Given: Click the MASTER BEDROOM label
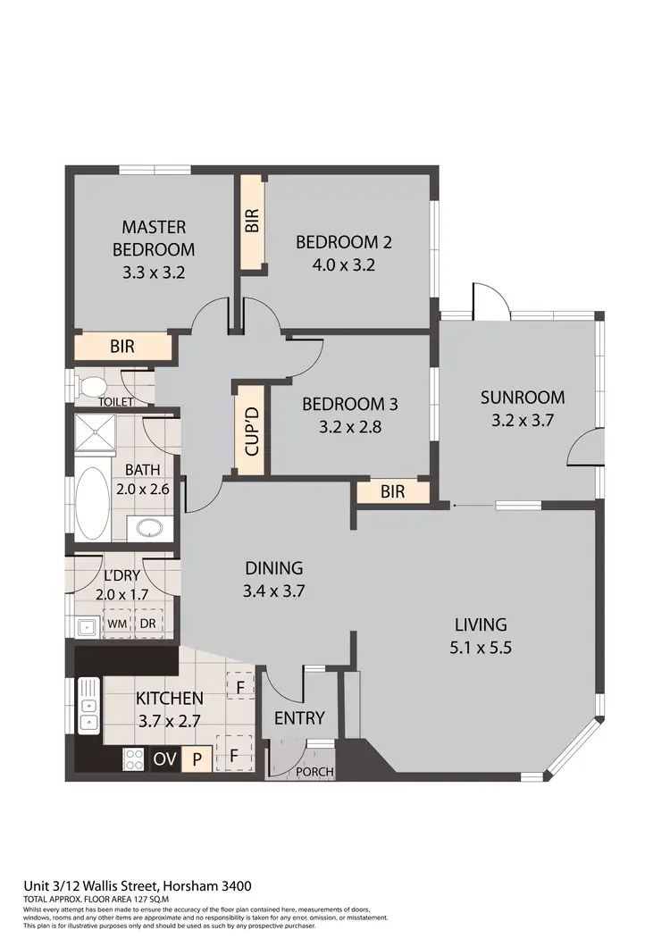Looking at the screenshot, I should [154, 238].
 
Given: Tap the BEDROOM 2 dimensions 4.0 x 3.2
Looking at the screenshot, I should [344, 264].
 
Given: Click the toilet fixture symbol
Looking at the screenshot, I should [91, 387].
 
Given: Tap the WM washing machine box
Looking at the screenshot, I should [117, 623].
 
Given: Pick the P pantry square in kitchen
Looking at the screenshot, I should [196, 759].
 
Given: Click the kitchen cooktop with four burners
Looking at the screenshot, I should [133, 759].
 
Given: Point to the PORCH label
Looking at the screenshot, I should [314, 772].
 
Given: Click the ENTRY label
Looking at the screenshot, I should [298, 717].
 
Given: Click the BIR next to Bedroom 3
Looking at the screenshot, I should [392, 491].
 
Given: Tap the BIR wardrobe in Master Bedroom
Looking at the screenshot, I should [121, 346].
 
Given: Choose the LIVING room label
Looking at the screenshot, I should [480, 624].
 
